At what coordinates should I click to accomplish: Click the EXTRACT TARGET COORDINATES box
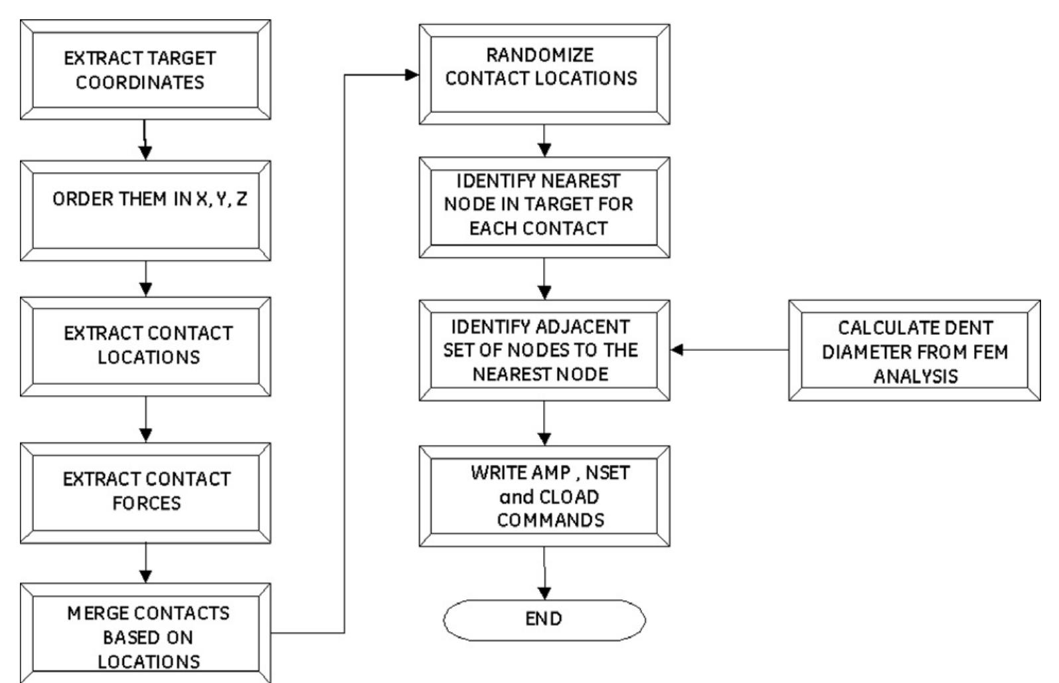(145, 70)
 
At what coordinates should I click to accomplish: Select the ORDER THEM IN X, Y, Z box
(145, 211)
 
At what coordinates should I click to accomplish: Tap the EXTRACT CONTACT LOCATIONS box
(145, 347)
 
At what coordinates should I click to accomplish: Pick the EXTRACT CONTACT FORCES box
(145, 493)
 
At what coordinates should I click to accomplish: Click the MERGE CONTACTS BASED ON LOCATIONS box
(145, 633)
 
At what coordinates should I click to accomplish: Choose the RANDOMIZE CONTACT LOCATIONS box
(544, 74)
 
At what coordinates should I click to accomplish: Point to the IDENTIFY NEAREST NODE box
(544, 207)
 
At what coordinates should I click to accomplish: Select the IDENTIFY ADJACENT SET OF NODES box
(544, 350)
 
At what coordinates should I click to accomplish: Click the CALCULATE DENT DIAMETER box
(914, 350)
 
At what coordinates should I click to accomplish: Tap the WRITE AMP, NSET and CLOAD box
(544, 496)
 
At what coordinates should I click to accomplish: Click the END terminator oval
(544, 620)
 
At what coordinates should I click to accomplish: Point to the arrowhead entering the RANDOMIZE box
(412, 74)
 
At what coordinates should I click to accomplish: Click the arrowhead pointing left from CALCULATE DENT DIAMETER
(677, 350)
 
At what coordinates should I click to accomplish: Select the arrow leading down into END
(544, 573)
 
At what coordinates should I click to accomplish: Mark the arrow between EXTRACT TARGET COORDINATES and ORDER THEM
(145, 140)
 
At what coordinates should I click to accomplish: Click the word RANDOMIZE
(540, 55)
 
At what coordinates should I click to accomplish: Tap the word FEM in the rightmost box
(990, 352)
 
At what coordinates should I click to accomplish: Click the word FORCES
(147, 503)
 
